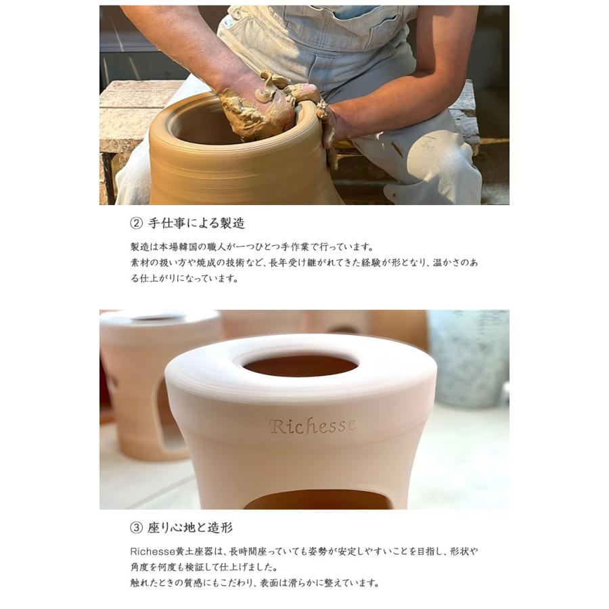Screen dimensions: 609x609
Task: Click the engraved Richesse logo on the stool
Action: pyautogui.click(x=312, y=426)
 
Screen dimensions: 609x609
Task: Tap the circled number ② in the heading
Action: pyautogui.click(x=136, y=223)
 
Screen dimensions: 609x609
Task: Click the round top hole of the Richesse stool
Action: pyautogui.click(x=300, y=366)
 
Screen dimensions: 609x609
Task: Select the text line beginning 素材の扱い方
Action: pyautogui.click(x=304, y=263)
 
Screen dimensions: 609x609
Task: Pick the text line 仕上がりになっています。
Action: pyautogui.click(x=184, y=278)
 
